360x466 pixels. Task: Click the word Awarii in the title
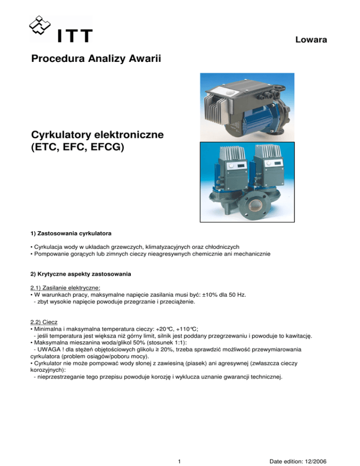[x=144, y=60]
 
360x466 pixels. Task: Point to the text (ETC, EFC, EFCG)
[x=74, y=150]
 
